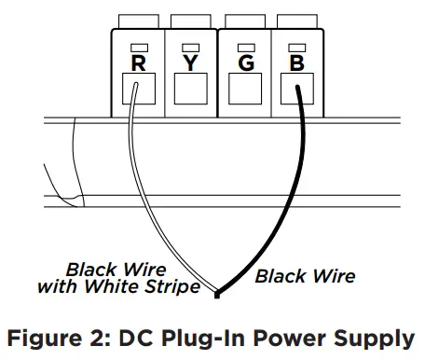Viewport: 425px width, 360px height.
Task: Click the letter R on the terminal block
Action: (137, 63)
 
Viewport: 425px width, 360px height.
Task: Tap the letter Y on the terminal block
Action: (190, 63)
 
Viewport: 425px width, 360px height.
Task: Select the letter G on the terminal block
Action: (244, 63)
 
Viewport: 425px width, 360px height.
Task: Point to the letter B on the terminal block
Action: (296, 63)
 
